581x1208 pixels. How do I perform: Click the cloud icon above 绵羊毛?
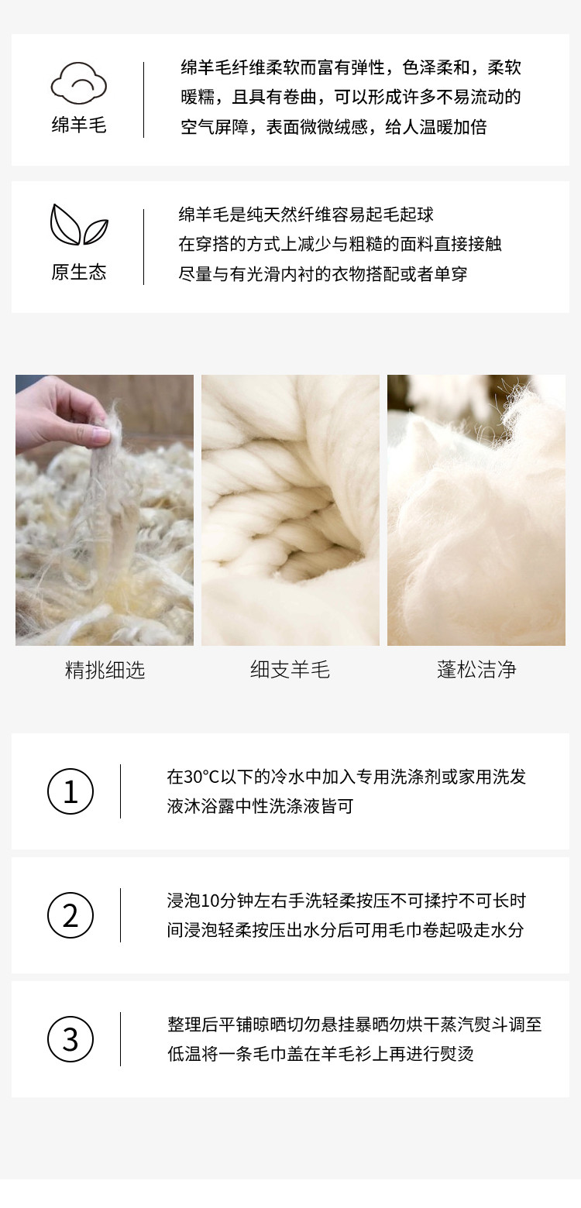[79, 83]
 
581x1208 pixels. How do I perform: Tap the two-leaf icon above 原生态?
[79, 225]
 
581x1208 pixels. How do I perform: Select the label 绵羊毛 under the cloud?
[79, 125]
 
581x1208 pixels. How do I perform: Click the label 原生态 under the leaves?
[79, 272]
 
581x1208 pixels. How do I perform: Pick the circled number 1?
[70, 791]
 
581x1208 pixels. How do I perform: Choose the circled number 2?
[70, 915]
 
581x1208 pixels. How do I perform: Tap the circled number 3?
[70, 1039]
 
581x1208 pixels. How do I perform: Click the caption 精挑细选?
[105, 670]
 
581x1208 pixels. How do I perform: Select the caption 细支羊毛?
[290, 670]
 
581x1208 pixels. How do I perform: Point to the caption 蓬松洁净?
[476, 670]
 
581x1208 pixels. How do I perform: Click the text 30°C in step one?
[201, 777]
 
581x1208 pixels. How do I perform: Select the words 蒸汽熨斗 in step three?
[473, 1024]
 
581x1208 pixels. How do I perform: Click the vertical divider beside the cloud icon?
[143, 100]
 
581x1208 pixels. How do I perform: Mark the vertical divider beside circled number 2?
[120, 915]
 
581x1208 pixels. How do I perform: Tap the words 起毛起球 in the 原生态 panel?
[400, 214]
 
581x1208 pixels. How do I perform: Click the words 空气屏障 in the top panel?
[215, 127]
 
